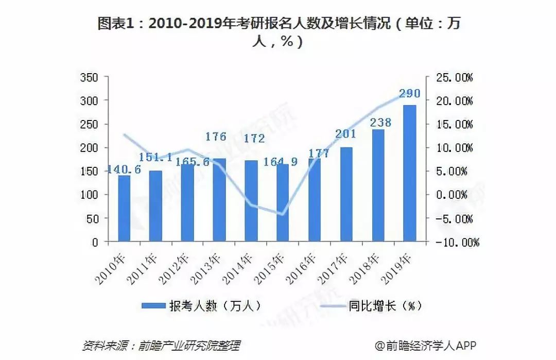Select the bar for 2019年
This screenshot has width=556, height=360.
(409, 174)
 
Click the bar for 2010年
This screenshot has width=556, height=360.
(124, 209)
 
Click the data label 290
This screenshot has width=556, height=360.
(409, 94)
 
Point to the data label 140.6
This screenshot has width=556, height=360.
(124, 169)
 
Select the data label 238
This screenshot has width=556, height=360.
(380, 123)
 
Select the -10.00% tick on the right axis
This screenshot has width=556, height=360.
(455, 242)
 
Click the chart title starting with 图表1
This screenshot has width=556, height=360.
(278, 32)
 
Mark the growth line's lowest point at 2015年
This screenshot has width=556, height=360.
(282, 214)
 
